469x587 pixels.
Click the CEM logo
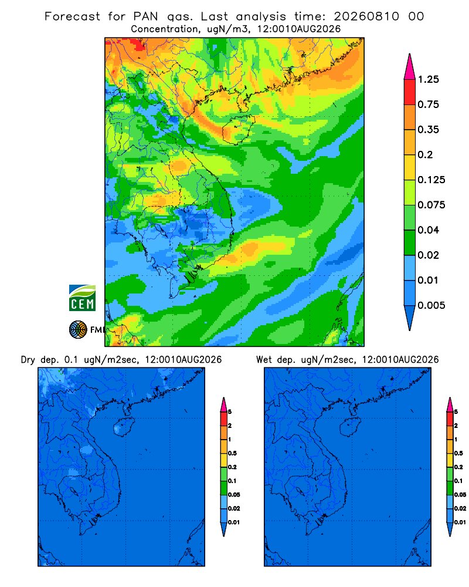(x=82, y=298)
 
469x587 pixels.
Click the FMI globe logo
(x=78, y=330)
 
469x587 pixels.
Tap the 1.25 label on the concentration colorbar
(x=428, y=79)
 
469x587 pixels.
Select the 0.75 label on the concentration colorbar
(x=428, y=104)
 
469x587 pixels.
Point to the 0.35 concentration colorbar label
(x=428, y=130)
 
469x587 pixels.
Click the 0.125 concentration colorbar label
(x=431, y=180)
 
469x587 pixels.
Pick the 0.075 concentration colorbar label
(x=431, y=205)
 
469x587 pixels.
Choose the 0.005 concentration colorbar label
(x=431, y=305)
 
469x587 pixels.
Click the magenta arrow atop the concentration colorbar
(x=410, y=68)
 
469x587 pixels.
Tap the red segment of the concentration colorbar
(x=410, y=92)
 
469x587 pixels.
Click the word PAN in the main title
(x=145, y=16)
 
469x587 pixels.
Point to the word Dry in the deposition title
(x=28, y=360)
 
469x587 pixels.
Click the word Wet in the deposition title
(x=264, y=360)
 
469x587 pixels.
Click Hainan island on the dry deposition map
(x=123, y=427)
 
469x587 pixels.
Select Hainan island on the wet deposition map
(x=349, y=427)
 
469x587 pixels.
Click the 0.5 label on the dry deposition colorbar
(x=232, y=453)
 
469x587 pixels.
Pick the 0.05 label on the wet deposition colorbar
(x=460, y=495)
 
